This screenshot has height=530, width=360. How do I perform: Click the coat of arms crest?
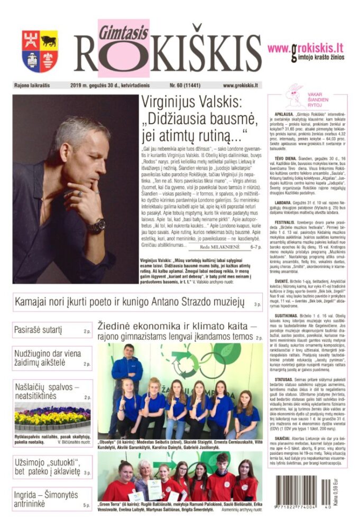point(40,52)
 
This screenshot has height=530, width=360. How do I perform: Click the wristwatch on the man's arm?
point(96,226)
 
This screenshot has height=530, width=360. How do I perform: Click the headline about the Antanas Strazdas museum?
point(128,303)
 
